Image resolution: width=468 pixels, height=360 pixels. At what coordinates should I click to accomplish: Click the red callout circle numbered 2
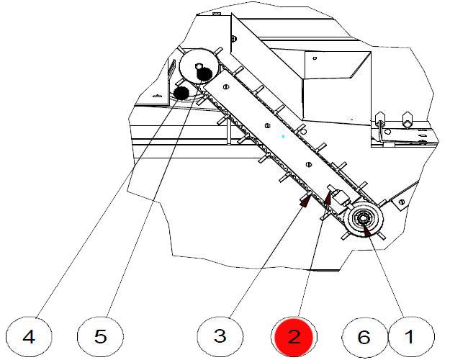pos(293,336)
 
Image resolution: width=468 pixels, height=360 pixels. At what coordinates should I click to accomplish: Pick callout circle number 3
pos(220,336)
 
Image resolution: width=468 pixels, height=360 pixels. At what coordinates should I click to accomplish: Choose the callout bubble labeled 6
pos(364,336)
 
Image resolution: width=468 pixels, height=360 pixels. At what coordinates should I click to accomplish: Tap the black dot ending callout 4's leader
pos(181,92)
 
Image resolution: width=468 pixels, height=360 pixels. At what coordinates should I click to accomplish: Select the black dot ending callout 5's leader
pos(204,73)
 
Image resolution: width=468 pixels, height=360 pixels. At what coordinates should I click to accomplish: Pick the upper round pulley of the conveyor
pos(196,67)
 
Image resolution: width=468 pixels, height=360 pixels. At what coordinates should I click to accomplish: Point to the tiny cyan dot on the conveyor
pos(284,135)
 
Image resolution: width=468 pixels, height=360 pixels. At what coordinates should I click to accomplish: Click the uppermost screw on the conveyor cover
pos(227,86)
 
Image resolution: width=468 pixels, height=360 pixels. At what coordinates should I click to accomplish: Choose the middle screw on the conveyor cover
pos(267,126)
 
